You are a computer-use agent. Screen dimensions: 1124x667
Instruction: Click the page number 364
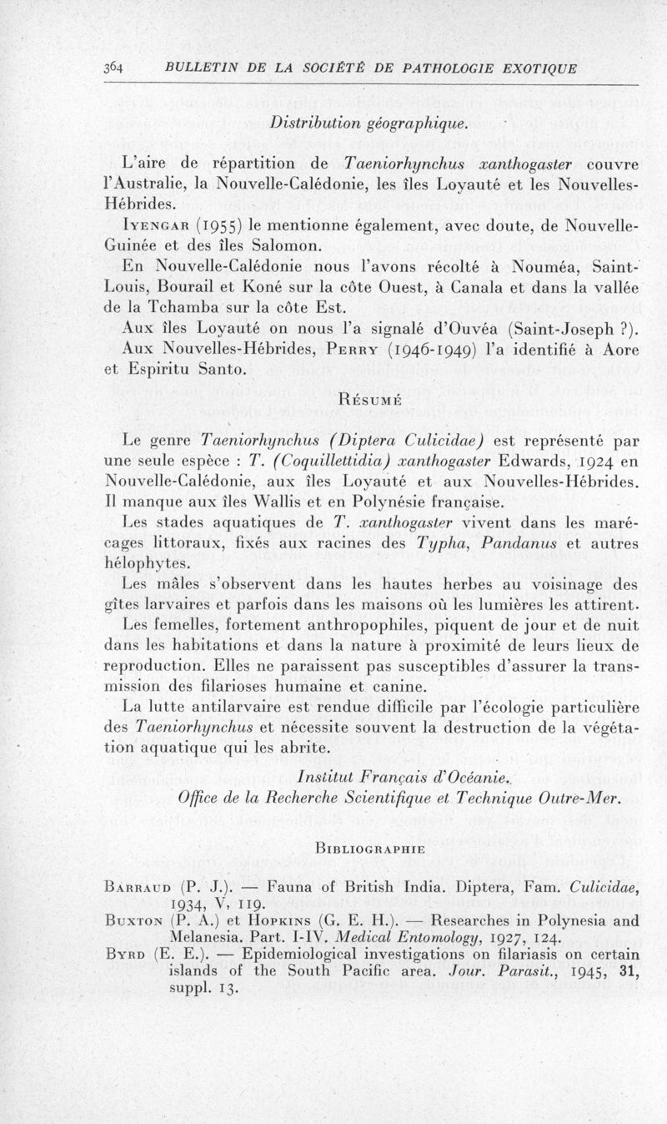[113, 68]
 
